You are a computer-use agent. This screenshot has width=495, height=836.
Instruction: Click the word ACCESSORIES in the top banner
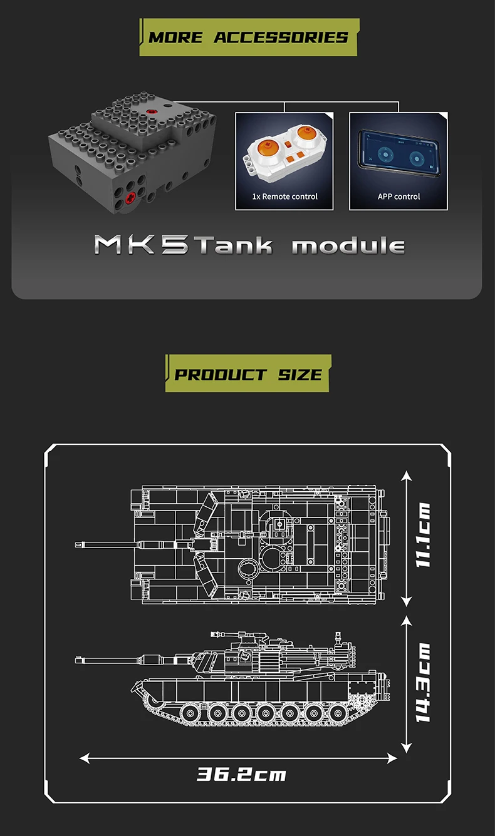point(281,38)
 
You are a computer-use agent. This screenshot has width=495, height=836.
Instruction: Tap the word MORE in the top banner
point(175,38)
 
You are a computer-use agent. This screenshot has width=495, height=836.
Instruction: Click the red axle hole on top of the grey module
point(151,111)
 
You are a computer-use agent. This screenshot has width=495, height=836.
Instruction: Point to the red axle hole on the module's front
point(131,198)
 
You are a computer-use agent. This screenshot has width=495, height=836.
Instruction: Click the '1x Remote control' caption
point(284,196)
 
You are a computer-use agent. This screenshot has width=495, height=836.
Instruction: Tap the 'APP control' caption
point(399,196)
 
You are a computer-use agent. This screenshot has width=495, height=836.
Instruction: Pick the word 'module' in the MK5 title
point(348,247)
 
